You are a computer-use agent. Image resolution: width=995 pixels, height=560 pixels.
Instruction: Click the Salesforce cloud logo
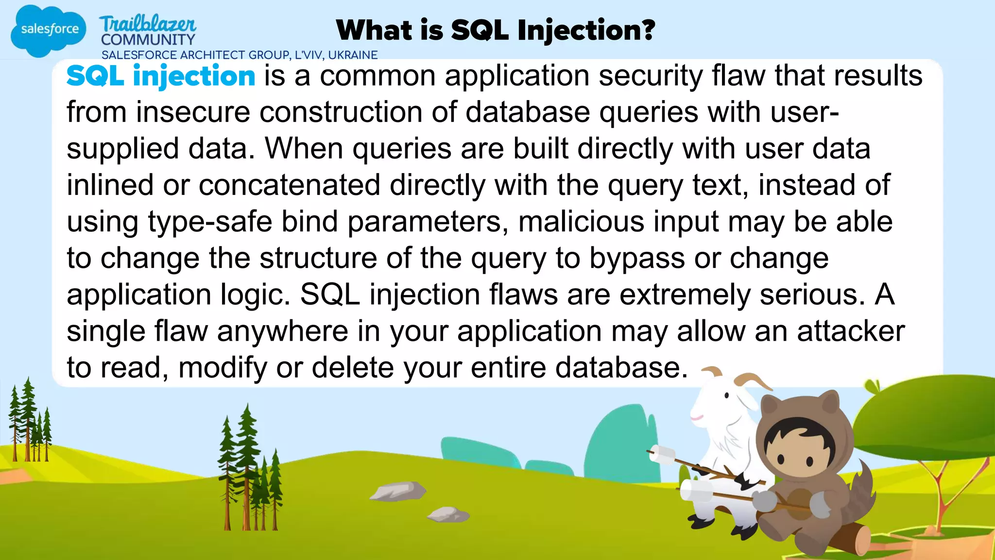click(49, 30)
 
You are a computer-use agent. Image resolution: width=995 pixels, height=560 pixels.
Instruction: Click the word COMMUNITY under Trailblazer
click(148, 40)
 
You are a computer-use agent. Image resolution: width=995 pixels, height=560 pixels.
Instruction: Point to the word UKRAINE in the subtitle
click(353, 55)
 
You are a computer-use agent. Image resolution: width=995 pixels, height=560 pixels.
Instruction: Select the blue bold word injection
click(194, 77)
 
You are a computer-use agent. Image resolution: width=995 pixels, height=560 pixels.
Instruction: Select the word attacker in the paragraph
click(851, 332)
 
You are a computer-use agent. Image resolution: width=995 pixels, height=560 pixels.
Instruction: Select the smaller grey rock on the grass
click(448, 514)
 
